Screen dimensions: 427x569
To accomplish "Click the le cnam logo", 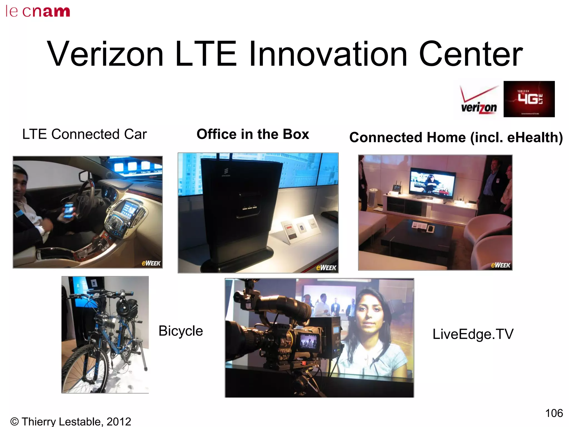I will point(38,12).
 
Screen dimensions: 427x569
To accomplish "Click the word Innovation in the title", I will point(328,54).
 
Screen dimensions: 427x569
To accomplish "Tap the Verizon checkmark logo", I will point(479,100).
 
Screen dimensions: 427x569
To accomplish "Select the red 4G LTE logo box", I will point(529,99).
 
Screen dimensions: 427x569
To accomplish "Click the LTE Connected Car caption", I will point(84,134).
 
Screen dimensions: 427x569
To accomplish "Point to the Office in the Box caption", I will point(253,134).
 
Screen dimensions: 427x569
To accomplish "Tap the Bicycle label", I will point(181,331).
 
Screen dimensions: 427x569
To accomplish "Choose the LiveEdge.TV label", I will point(473,334).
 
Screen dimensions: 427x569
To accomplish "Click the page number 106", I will point(554,413).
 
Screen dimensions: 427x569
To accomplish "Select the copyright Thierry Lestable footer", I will point(71,421).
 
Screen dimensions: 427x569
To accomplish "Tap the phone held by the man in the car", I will point(69,210).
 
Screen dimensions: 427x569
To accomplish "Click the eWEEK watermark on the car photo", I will point(151,263).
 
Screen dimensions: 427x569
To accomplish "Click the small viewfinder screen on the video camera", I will point(308,341).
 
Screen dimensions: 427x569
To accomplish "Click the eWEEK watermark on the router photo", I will point(326,267).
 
